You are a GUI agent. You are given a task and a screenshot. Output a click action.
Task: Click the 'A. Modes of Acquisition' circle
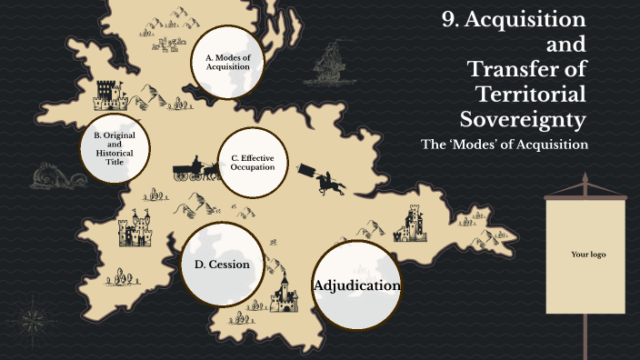point(226,62)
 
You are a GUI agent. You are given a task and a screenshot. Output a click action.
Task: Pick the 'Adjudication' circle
point(356,285)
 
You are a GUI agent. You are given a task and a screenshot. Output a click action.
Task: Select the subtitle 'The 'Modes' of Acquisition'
point(505,144)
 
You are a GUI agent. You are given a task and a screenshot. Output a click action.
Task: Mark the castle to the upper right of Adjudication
point(413,223)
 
